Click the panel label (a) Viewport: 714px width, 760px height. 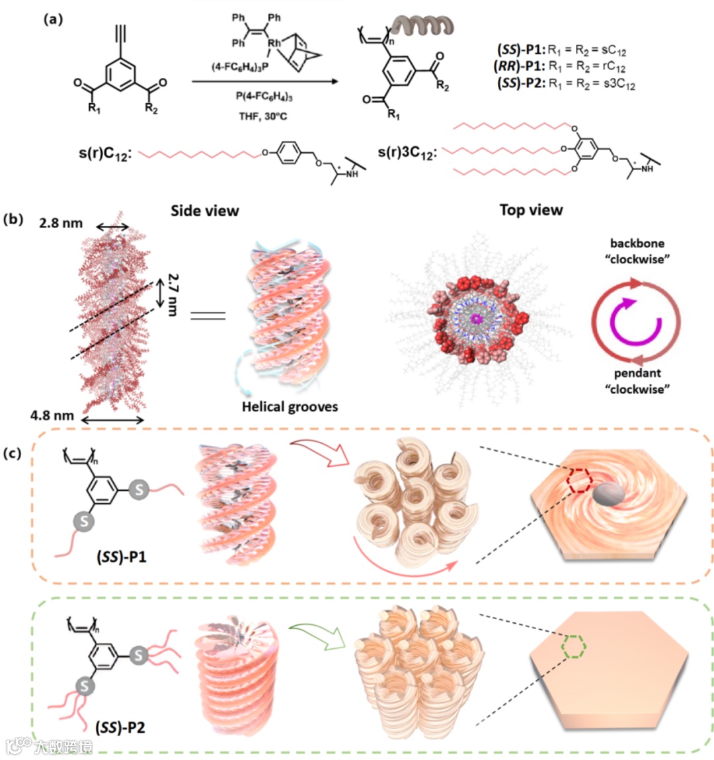[53, 19]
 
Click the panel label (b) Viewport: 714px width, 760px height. [14, 220]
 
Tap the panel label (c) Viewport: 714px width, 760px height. [14, 454]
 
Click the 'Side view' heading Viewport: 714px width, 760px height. [204, 211]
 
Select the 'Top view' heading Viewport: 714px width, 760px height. [531, 210]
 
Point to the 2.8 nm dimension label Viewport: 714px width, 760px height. [61, 223]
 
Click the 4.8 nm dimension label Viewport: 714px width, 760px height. [52, 415]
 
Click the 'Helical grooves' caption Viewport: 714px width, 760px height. [290, 407]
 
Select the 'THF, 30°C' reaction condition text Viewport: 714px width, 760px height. [263, 116]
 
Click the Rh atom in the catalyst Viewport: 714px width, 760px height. [274, 43]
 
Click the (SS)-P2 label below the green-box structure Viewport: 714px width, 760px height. [120, 728]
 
